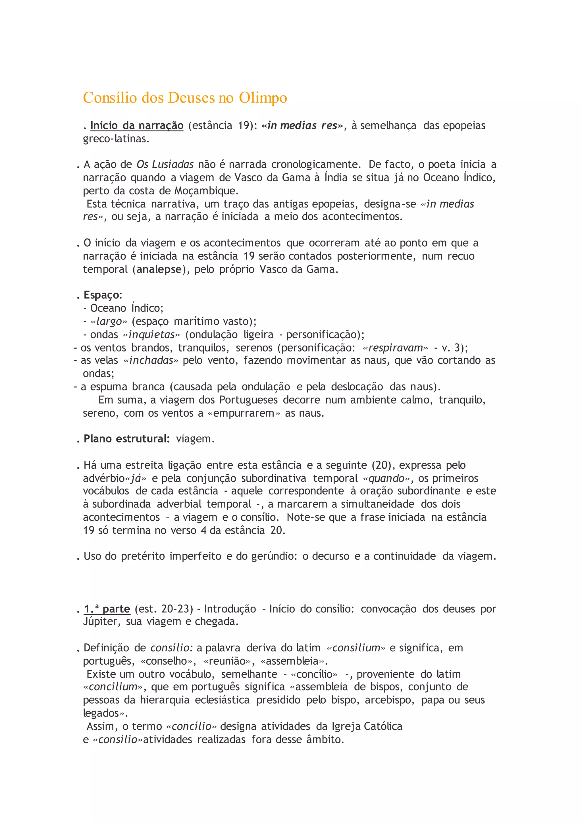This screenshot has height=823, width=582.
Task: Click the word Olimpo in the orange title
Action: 263,98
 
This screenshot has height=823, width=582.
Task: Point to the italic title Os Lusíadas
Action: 165,165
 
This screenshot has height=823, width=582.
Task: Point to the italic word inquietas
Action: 151,334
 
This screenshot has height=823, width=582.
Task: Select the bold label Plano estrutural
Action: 126,439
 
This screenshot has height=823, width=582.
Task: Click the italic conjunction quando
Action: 386,478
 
